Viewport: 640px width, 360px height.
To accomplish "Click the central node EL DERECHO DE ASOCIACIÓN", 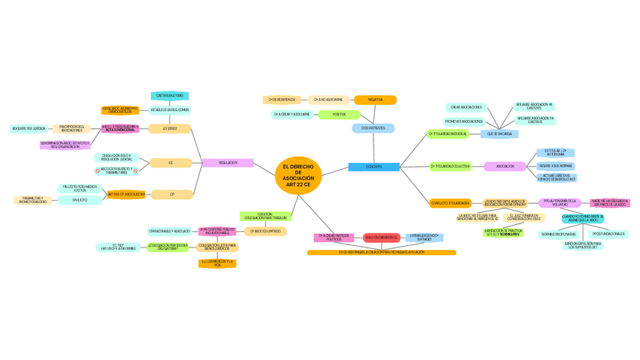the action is coord(298,176).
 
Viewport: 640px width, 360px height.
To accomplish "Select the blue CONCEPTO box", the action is coord(374,167).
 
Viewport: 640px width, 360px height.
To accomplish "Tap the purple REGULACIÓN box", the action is coord(228,163).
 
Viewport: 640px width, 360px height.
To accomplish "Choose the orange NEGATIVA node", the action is coord(375,100).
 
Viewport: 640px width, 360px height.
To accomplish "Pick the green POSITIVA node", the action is coord(339,115).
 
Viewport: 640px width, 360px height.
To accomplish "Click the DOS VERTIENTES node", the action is coord(373,128).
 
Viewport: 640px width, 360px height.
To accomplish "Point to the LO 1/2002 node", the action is coord(170,129).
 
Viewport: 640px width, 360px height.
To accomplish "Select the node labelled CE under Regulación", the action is coord(171,163).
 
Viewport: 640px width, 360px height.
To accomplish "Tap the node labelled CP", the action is coord(172,194).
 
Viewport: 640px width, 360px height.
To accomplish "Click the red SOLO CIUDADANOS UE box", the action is coord(381,238).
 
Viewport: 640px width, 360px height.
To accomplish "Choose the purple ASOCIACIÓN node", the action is coord(506,166).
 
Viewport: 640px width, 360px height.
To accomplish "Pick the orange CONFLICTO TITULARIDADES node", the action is coord(451,203).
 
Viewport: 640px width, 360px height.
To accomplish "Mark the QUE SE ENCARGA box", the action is coord(499,134).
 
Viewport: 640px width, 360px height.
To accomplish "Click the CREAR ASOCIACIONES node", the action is coord(466,107).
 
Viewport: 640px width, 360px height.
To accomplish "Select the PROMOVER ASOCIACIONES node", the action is coord(464,122).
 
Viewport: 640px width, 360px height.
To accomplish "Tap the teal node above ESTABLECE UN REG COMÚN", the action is coord(170,96).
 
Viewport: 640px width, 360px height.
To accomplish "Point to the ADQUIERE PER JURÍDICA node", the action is coord(29,129).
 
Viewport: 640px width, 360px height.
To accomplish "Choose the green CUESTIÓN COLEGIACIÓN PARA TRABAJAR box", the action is coord(264,217).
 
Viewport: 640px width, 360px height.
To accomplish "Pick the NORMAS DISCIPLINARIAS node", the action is coord(558,234).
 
